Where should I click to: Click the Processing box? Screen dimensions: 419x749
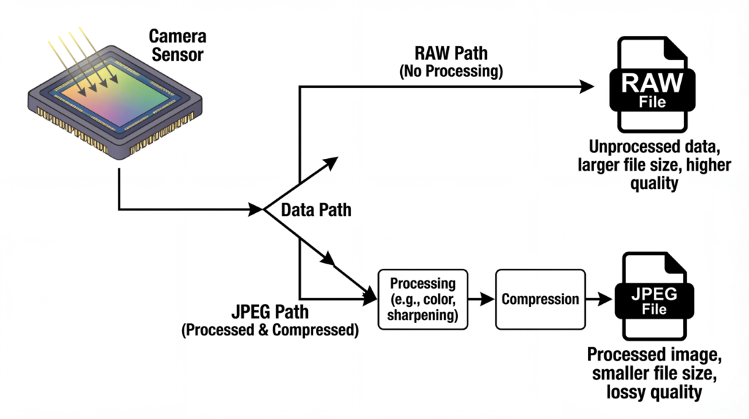tap(423, 299)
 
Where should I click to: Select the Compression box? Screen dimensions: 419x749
tap(541, 299)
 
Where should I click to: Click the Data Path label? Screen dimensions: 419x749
tap(316, 211)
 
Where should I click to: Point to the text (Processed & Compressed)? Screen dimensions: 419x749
tap(270, 330)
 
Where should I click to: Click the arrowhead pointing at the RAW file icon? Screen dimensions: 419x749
tap(587, 86)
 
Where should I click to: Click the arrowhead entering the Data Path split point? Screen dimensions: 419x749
tap(257, 210)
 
